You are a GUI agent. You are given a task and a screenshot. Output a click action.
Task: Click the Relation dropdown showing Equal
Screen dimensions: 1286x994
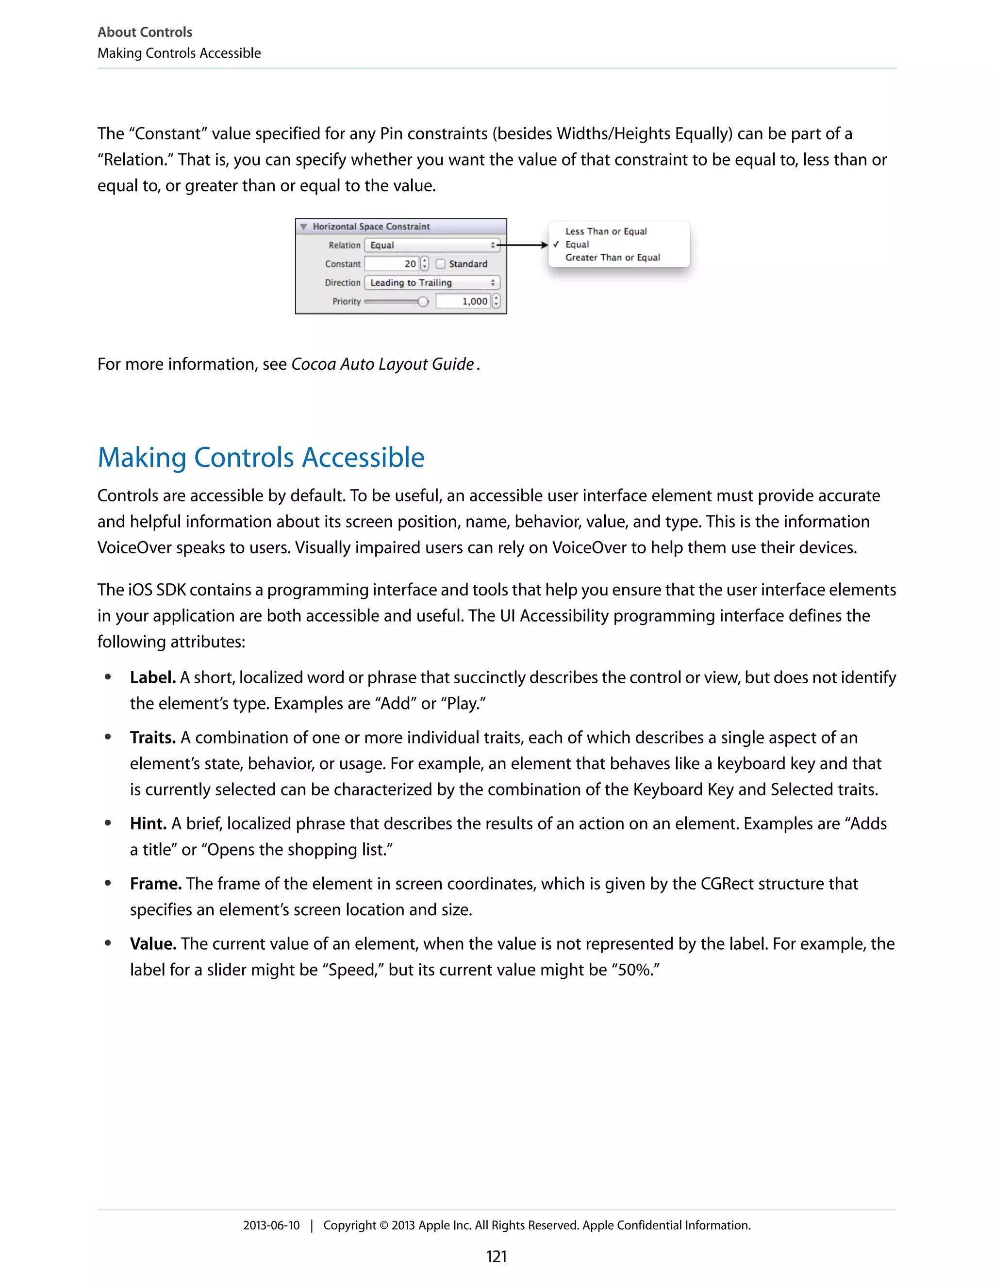coord(431,245)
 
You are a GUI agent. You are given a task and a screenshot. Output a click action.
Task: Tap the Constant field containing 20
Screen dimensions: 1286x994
coord(392,264)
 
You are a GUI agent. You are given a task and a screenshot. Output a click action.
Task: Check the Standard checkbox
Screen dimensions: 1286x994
coord(441,264)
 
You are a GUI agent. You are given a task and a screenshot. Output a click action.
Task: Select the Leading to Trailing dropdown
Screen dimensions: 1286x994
coord(431,282)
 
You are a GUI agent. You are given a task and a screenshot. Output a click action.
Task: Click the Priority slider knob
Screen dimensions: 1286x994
coord(423,301)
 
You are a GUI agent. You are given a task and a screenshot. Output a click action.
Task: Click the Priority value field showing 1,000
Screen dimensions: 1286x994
coord(464,301)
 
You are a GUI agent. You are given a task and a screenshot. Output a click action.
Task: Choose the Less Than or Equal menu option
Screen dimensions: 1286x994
coord(606,231)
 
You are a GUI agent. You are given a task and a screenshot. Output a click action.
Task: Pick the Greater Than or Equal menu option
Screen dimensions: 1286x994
coord(613,257)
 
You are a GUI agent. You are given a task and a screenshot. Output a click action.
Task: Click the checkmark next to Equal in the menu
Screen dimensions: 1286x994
coord(556,245)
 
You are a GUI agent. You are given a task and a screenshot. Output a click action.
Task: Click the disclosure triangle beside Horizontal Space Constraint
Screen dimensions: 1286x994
coord(304,227)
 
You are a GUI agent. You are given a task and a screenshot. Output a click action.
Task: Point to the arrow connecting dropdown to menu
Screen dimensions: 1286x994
coord(524,245)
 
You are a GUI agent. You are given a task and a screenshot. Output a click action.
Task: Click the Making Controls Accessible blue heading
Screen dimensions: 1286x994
coord(261,458)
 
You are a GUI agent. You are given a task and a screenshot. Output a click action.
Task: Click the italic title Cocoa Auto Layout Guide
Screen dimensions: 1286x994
coord(383,364)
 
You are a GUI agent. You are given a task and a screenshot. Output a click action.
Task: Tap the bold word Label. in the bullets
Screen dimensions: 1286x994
coord(152,678)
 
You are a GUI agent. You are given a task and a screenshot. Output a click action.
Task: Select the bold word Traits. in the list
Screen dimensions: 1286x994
coord(152,738)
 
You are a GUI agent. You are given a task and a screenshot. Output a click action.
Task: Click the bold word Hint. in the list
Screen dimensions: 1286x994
coord(148,824)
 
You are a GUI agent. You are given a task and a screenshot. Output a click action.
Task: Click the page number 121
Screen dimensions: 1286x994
coord(497,1256)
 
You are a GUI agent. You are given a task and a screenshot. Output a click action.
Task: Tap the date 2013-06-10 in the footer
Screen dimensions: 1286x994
coord(271,1225)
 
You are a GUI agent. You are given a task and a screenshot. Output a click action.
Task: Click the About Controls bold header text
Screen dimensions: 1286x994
coord(145,32)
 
